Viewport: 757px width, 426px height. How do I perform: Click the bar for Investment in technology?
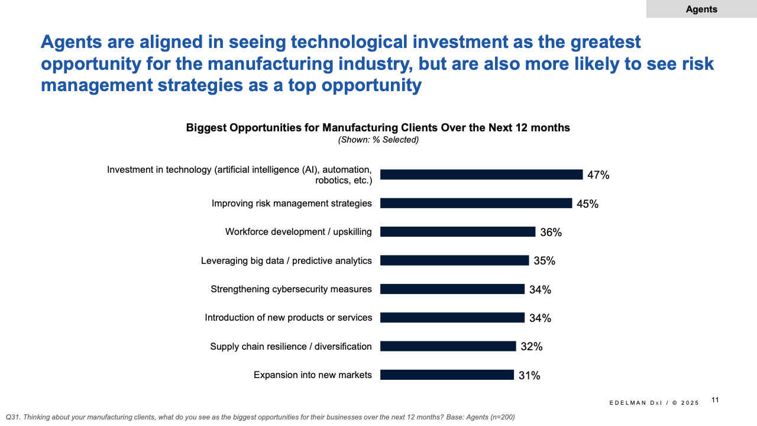pyautogui.click(x=481, y=175)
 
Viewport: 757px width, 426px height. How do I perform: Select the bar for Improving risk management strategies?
pyautogui.click(x=476, y=203)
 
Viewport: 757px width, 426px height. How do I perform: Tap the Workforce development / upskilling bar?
pyautogui.click(x=458, y=232)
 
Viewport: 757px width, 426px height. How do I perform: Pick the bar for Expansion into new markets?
pyautogui.click(x=447, y=375)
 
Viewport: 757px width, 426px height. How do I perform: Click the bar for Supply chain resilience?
pyautogui.click(x=448, y=346)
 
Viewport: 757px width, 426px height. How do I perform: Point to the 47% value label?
pyautogui.click(x=598, y=175)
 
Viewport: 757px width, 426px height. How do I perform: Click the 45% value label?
pyautogui.click(x=587, y=204)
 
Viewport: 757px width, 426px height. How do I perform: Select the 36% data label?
pyautogui.click(x=551, y=233)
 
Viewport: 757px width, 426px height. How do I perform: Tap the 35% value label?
pyautogui.click(x=544, y=261)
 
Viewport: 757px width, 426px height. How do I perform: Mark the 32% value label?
pyautogui.click(x=532, y=347)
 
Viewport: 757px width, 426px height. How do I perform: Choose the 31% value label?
pyautogui.click(x=529, y=375)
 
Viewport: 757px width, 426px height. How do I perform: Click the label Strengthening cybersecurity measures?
pyautogui.click(x=291, y=289)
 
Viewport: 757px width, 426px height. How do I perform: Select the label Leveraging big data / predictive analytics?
pyautogui.click(x=286, y=260)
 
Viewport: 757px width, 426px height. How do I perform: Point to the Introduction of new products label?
pyautogui.click(x=289, y=318)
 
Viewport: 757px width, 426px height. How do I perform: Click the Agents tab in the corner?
pyautogui.click(x=701, y=9)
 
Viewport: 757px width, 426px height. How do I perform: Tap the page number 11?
pyautogui.click(x=715, y=400)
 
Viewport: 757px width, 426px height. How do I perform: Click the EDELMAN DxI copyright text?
pyautogui.click(x=654, y=403)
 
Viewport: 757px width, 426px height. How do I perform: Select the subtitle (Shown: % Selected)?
pyautogui.click(x=378, y=140)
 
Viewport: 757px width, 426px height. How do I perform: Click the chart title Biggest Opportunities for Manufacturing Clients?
pyautogui.click(x=378, y=128)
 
